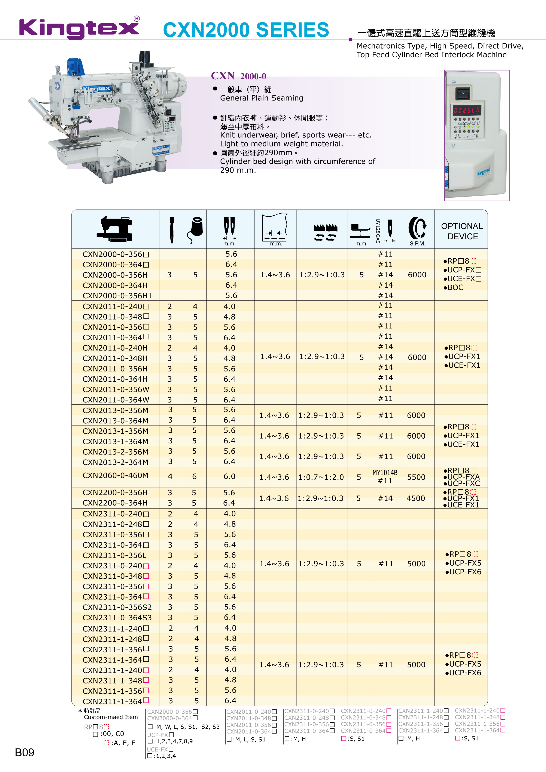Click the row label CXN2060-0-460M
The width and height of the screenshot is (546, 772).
pos(115,475)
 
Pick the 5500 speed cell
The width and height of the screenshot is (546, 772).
pos(416,477)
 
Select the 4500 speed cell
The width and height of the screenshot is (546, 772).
pos(416,498)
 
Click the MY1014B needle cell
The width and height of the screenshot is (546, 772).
pos(385,473)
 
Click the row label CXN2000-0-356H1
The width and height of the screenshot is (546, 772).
pos(117,296)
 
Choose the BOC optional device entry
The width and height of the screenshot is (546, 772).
pos(455,287)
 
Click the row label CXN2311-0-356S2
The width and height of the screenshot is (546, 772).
pos(117,607)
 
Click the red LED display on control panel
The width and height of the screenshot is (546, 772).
pos(467,110)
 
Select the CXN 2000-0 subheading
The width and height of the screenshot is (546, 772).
pos(238,76)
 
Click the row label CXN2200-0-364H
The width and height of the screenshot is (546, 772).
pos(115,503)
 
